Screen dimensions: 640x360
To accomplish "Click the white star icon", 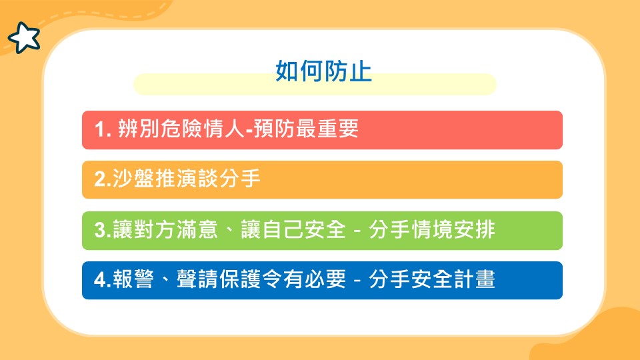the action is [x=24, y=37].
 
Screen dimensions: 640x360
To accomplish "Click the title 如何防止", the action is [x=324, y=71].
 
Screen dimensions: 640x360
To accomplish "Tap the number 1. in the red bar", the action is [x=103, y=129].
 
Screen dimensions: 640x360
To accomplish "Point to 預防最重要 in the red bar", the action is [x=306, y=129].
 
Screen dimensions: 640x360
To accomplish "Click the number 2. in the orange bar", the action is [x=103, y=179].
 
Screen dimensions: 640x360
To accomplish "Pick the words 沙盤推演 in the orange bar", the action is [x=155, y=179].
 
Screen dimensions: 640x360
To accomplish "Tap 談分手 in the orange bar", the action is [x=229, y=179].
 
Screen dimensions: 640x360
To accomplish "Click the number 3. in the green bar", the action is [x=103, y=230].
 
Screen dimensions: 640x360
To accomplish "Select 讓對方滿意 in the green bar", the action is [x=165, y=229].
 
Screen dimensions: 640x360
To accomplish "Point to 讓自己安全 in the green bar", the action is [x=293, y=229].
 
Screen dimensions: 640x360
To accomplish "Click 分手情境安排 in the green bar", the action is [x=432, y=229].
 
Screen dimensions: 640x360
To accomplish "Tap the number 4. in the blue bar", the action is [x=103, y=280].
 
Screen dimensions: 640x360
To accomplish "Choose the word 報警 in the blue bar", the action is [x=133, y=279].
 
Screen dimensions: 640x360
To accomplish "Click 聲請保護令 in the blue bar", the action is [x=229, y=279].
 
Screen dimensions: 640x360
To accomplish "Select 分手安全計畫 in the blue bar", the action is [x=432, y=279].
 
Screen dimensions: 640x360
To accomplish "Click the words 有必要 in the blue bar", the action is [x=315, y=279].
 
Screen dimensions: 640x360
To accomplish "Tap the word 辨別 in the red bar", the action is [x=139, y=129].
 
